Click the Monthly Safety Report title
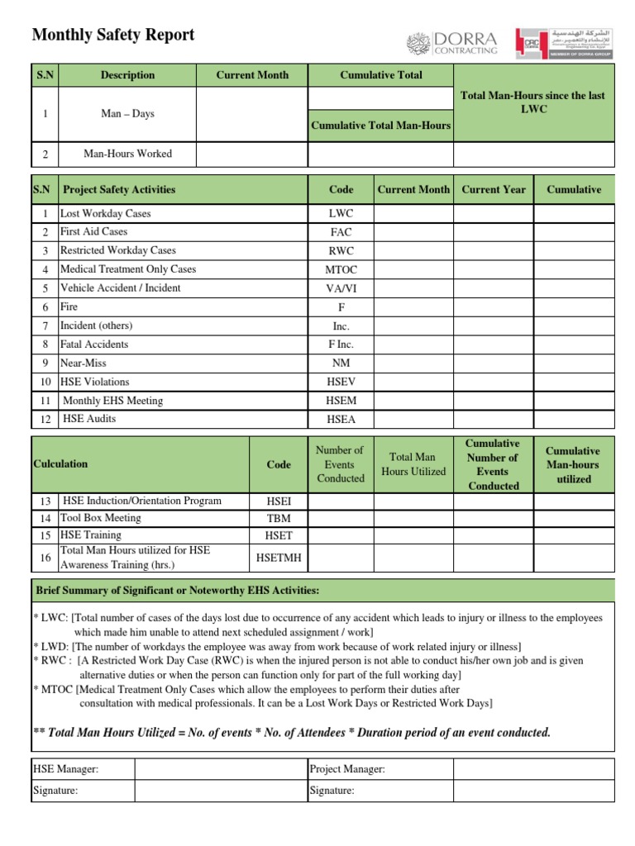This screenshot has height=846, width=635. pyautogui.click(x=113, y=35)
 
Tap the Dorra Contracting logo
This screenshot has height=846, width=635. pyautogui.click(x=452, y=44)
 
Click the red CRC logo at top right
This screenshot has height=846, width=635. pyautogui.click(x=529, y=43)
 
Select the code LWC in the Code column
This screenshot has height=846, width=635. pyautogui.click(x=341, y=214)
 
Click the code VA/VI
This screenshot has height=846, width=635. pyautogui.click(x=341, y=288)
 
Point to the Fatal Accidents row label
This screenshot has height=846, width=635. pyautogui.click(x=94, y=345)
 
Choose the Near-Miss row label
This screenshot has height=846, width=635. pyautogui.click(x=84, y=364)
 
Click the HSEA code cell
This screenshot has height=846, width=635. pyautogui.click(x=341, y=420)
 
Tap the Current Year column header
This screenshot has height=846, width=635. pyautogui.click(x=494, y=190)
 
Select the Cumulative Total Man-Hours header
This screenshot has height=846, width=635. pyautogui.click(x=380, y=126)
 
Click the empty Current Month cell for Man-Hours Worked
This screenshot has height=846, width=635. pyautogui.click(x=252, y=154)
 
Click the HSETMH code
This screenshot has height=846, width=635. pyautogui.click(x=279, y=558)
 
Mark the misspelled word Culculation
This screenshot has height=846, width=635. pyautogui.click(x=60, y=464)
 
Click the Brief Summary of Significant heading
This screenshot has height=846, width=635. pyautogui.click(x=177, y=591)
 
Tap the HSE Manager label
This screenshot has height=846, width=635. pyautogui.click(x=65, y=769)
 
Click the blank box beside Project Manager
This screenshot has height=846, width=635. pyautogui.click(x=533, y=769)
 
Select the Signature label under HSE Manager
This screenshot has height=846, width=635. pyautogui.click(x=55, y=791)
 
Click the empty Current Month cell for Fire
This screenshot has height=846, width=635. pyautogui.click(x=413, y=307)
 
